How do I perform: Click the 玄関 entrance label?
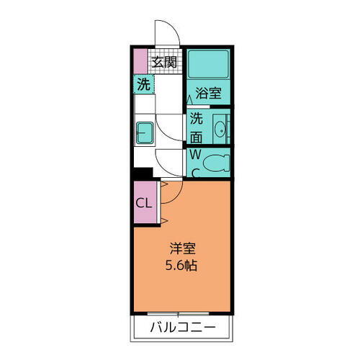pyautogui.click(x=165, y=62)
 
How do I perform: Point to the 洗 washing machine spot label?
pyautogui.click(x=144, y=84)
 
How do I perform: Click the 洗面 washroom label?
pyautogui.click(x=197, y=127)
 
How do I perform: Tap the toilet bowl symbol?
pyautogui.click(x=215, y=163)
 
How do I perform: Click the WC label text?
pyautogui.click(x=195, y=162)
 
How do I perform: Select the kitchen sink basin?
pyautogui.click(x=145, y=134)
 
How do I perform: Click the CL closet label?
pyautogui.click(x=144, y=202)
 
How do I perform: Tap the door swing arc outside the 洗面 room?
pyautogui.click(x=171, y=130)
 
